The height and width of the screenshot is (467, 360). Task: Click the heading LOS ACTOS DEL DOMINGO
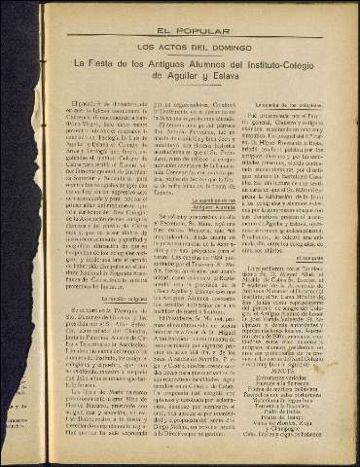tap(181, 46)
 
